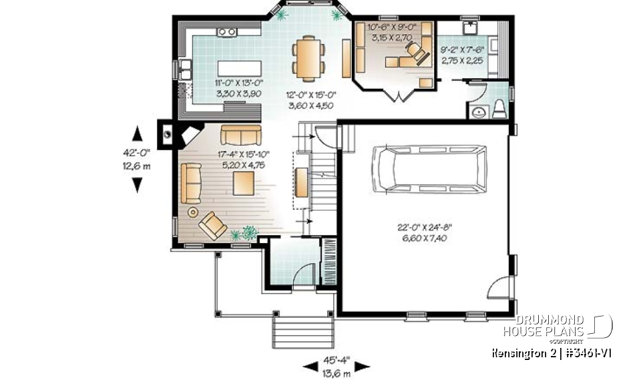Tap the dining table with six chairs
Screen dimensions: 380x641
[308, 56]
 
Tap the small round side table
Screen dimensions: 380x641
[194, 212]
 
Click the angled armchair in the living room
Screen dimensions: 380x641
[212, 225]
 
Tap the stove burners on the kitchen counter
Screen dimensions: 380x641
[226, 31]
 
